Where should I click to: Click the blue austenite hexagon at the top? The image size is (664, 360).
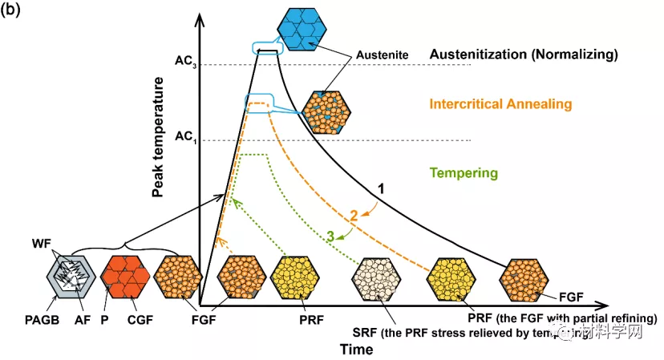click(298, 28)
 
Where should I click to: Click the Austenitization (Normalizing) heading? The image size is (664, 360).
click(524, 55)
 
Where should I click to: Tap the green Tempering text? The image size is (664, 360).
click(464, 172)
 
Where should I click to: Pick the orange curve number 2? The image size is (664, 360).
click(353, 215)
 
